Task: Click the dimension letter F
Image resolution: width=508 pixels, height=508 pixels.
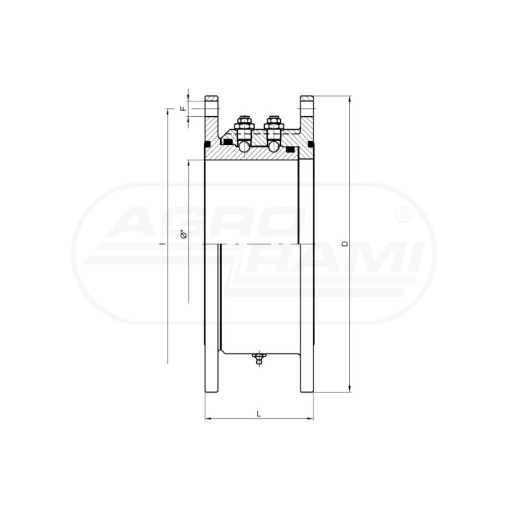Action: [184, 109]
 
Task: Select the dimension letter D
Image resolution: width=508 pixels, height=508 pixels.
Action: [345, 244]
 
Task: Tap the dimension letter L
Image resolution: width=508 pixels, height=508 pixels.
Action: [258, 414]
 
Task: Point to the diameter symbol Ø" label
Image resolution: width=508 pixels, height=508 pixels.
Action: [184, 234]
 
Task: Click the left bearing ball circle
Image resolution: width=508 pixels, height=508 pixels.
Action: [244, 146]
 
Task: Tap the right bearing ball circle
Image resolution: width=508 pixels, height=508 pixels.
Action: [274, 146]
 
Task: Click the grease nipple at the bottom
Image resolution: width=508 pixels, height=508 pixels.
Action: [258, 359]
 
